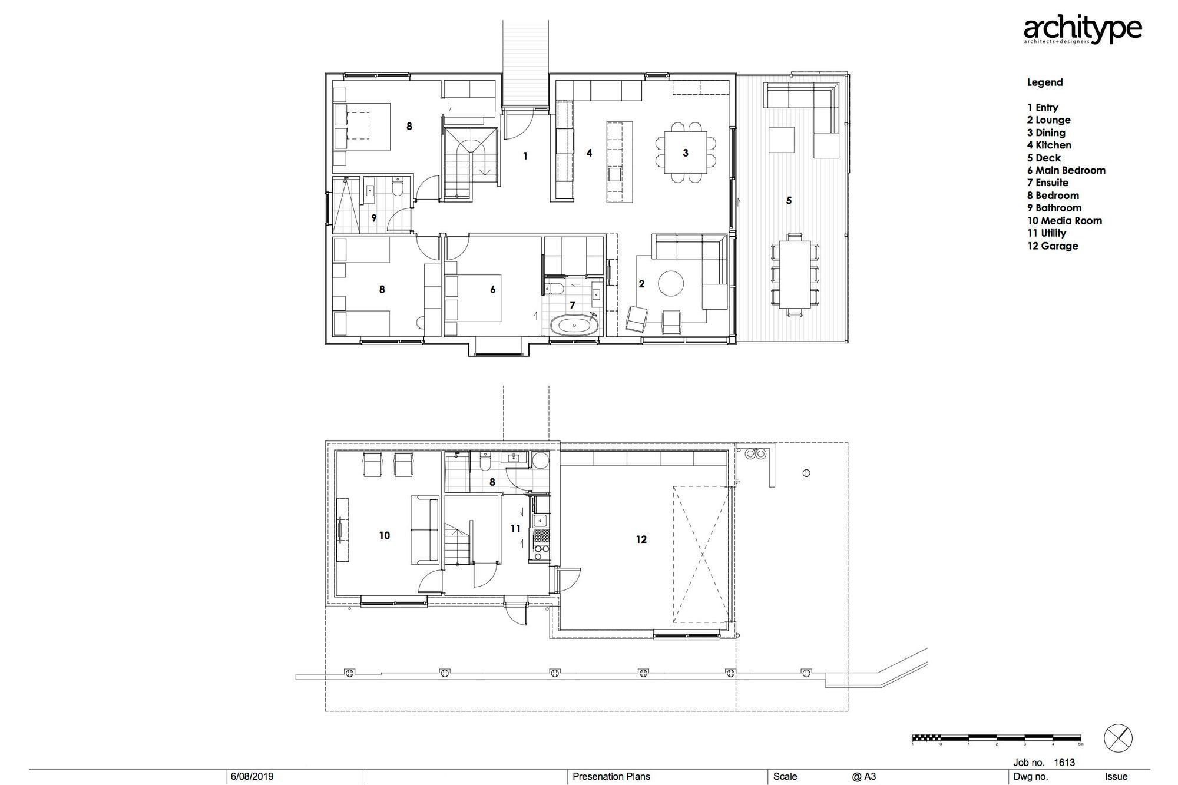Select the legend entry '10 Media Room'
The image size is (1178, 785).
coord(1064,221)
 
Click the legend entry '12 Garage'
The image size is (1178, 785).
coord(1053,246)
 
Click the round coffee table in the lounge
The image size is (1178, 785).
coord(671,284)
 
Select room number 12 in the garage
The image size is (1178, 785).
coord(641,539)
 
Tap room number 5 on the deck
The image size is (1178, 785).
coord(789,201)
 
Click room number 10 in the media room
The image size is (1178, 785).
coord(384,536)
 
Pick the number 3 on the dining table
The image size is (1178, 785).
coord(686,153)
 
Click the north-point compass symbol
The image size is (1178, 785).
coord(1118,738)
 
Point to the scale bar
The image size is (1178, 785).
coord(996,737)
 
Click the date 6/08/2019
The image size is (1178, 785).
coord(252,777)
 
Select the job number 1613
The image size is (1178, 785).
coord(1064,763)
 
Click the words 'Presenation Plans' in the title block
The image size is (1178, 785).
coord(611,777)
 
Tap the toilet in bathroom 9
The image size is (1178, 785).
coord(397,189)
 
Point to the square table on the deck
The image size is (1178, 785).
coord(782,140)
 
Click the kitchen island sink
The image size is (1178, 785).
coord(614,175)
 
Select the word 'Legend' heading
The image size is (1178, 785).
coord(1045,82)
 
